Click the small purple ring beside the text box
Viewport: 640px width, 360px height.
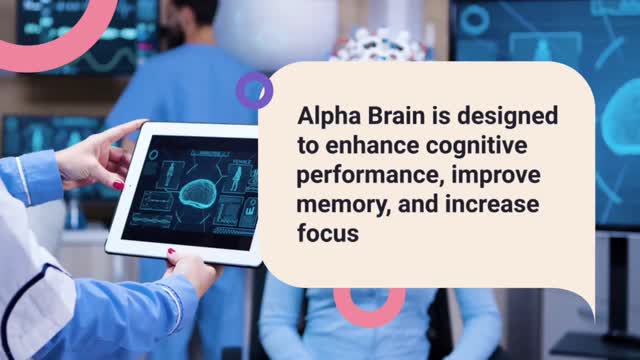(x=254, y=90)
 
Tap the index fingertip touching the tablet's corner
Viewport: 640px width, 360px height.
(x=137, y=126)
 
